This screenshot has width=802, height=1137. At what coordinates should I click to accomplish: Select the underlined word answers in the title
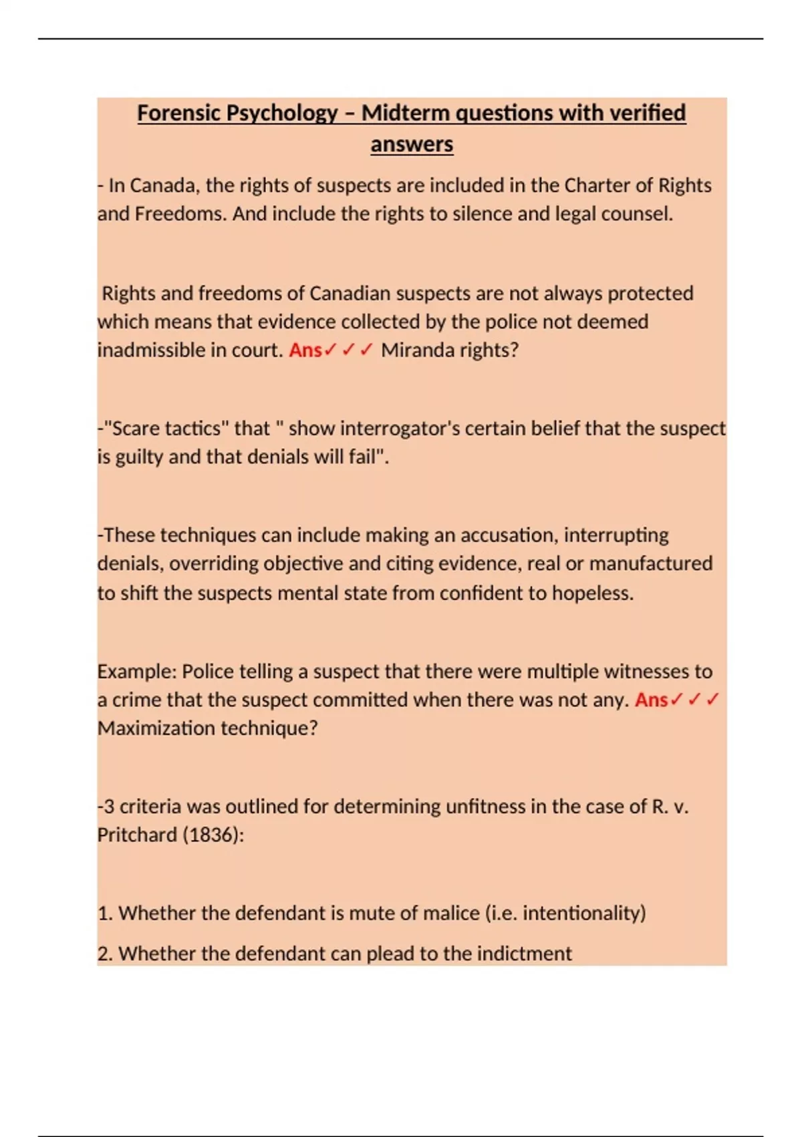click(412, 144)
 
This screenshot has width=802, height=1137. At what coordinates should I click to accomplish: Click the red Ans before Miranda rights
click(305, 350)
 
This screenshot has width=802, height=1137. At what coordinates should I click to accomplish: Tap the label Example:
click(136, 671)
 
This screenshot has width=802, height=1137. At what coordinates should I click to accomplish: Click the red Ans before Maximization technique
click(652, 700)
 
